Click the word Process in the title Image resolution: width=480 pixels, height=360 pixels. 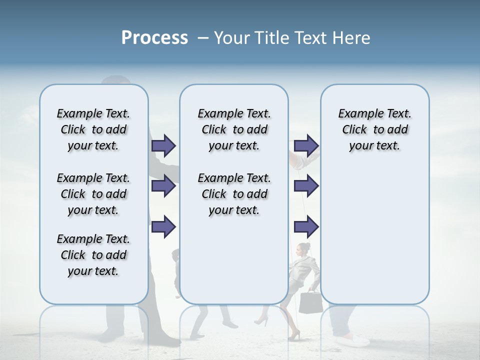(154, 38)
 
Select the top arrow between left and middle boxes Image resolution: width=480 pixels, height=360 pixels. (163, 145)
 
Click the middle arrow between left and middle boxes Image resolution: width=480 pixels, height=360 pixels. (163, 186)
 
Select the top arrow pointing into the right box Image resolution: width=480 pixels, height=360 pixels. (306, 145)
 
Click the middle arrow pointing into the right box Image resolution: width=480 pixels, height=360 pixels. (306, 186)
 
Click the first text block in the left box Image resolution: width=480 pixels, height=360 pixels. (93, 129)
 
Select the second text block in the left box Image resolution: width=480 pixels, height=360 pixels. (93, 194)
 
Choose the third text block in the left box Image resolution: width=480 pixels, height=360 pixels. (93, 255)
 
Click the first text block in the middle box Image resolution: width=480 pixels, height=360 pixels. (234, 129)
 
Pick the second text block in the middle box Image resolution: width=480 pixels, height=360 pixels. (234, 194)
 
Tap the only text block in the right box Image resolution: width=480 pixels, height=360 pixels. (374, 129)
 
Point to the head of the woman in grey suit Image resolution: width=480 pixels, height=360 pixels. (303, 248)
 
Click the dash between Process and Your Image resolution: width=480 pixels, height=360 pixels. (202, 38)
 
